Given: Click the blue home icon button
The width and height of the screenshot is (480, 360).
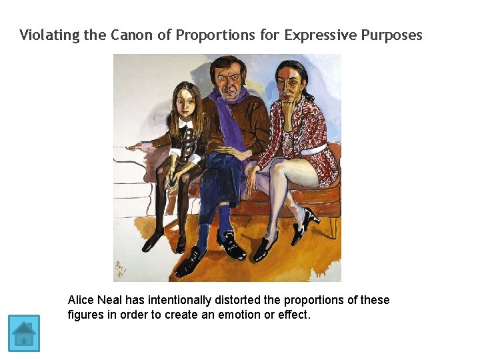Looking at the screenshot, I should [24, 333].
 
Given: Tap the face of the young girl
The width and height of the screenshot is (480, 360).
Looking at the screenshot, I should [185, 103].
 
